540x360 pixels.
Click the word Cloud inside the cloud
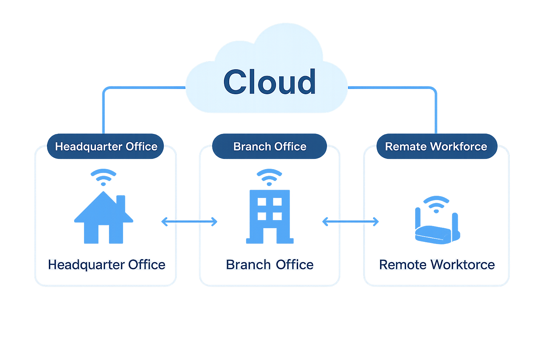click(270, 82)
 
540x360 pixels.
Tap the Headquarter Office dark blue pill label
click(106, 146)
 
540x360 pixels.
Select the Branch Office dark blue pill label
click(270, 146)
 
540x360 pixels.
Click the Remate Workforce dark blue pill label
click(436, 146)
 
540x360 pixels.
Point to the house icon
click(103, 220)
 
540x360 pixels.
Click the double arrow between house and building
click(189, 221)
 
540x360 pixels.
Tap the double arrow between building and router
click(351, 221)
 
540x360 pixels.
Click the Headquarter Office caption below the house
click(107, 265)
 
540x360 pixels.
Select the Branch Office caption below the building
click(270, 265)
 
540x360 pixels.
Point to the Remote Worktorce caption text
click(437, 265)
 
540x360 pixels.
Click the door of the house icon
click(103, 235)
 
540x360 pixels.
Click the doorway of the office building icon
click(270, 236)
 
